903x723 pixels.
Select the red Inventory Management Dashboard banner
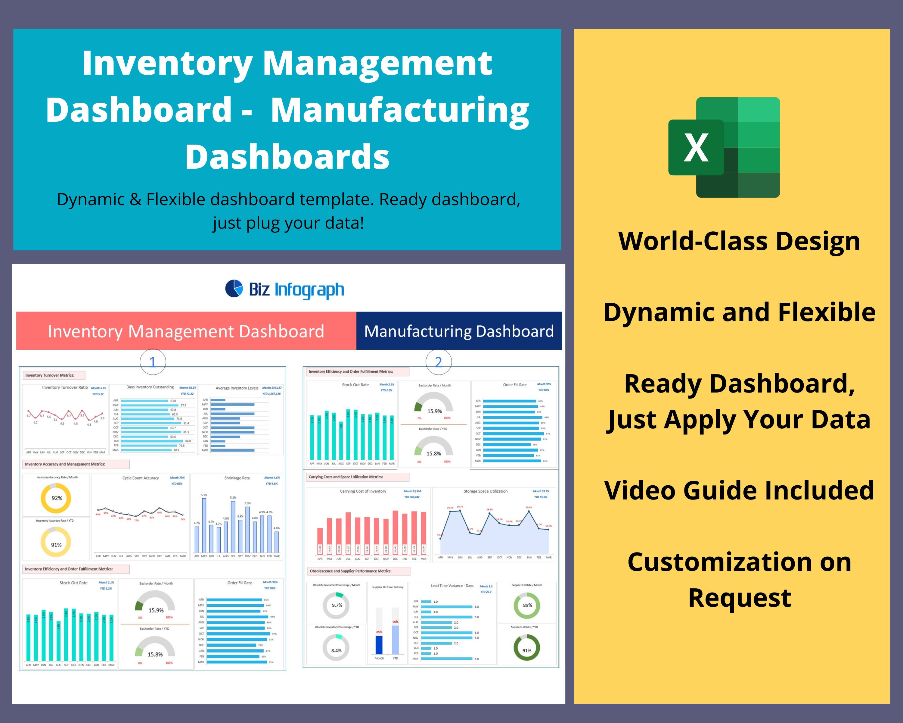tap(186, 331)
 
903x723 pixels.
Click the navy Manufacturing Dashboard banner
tap(459, 331)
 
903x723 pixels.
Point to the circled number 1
tap(152, 362)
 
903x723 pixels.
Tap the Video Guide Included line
tap(739, 490)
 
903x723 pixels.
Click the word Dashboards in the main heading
tap(287, 157)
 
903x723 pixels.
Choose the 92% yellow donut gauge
tap(56, 498)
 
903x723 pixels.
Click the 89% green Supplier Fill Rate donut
tap(527, 605)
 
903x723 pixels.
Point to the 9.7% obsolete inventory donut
tap(336, 605)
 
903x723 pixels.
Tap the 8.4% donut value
tap(336, 650)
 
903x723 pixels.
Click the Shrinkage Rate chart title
tap(237, 478)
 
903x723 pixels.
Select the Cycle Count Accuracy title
tap(141, 478)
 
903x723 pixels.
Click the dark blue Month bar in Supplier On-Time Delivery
tap(379, 645)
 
